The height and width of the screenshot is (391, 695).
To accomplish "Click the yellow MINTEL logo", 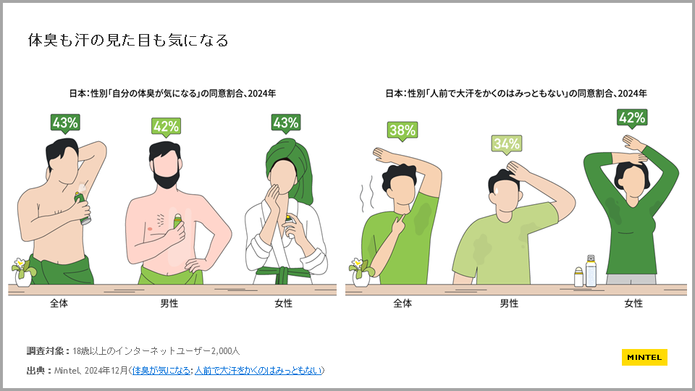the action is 644,357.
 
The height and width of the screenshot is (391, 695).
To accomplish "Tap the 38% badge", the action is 403,130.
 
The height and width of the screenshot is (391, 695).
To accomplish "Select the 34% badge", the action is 506,144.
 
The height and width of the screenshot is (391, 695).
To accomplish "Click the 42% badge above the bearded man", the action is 166,127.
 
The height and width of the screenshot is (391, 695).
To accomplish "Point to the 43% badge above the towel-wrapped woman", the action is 285,123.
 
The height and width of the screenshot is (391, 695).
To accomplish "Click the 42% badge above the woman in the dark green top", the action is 632,118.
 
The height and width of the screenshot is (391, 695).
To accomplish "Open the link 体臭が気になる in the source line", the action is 161,370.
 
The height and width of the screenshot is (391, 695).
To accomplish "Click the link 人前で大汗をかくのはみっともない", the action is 258,370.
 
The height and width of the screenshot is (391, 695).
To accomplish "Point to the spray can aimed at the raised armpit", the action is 83,208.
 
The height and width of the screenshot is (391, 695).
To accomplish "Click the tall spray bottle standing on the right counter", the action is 591,271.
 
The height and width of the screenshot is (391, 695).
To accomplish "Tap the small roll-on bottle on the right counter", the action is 578,277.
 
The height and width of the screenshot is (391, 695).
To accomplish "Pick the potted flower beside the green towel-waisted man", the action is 23,272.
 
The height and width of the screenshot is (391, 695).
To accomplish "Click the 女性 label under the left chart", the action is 283,303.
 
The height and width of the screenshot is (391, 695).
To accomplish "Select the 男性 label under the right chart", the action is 509,303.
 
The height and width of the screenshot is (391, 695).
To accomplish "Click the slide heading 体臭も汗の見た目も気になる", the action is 128,41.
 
